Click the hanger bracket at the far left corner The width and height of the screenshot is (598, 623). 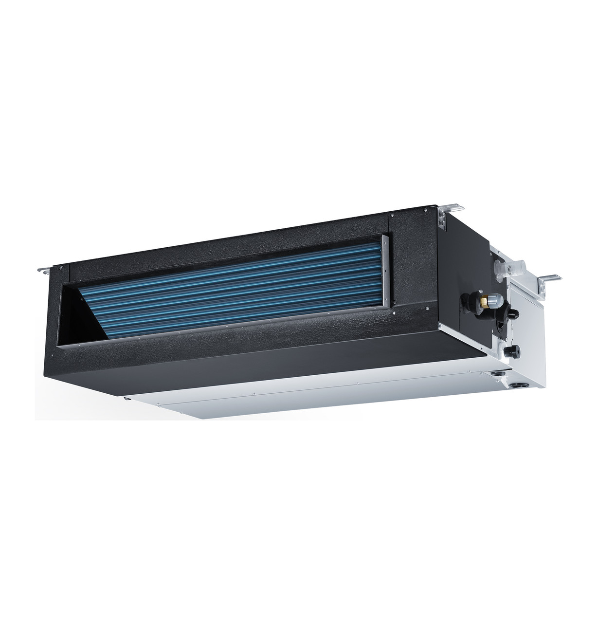click(x=45, y=268)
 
